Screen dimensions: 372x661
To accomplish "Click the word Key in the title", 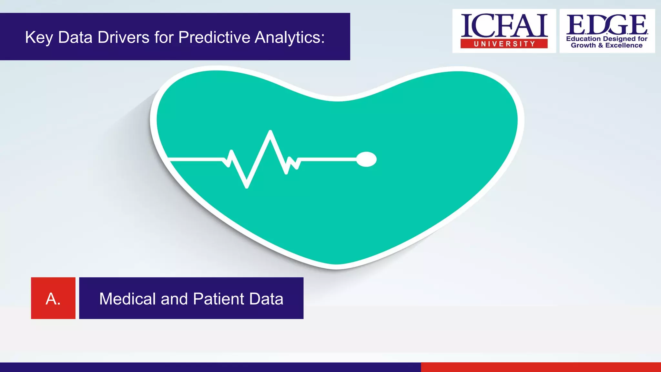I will click(39, 37).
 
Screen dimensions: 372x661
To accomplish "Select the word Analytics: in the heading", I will click(290, 37).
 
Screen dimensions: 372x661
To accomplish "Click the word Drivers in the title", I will click(123, 37).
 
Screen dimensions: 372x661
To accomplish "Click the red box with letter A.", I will click(53, 298).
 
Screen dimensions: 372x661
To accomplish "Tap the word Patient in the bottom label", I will click(219, 299).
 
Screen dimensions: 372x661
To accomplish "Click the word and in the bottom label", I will click(174, 299).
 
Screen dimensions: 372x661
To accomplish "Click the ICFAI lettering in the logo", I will click(504, 26).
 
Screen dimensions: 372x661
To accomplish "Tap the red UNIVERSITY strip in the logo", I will click(504, 44).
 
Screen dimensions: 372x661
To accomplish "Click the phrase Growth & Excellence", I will click(606, 46).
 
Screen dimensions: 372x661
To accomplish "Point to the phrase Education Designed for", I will click(606, 39).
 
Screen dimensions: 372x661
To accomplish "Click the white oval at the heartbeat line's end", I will click(366, 159).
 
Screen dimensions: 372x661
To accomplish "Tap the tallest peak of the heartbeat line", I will click(270, 131).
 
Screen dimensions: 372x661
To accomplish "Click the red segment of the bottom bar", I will click(541, 367).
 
